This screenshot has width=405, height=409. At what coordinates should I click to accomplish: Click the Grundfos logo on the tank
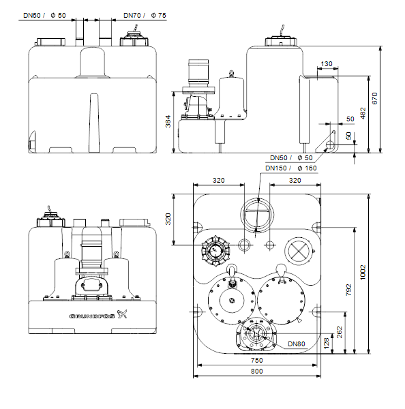tap(98, 315)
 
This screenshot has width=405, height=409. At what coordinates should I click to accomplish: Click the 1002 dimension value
tap(363, 273)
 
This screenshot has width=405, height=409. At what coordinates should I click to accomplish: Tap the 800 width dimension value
tap(257, 372)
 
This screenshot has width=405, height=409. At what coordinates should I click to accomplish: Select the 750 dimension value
tap(257, 360)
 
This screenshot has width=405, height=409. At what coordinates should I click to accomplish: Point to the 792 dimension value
tap(348, 290)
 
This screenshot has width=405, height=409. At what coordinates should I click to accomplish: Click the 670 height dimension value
tap(374, 98)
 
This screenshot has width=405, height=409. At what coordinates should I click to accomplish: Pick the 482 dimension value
tap(363, 113)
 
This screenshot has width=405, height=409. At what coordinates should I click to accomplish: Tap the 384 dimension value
tap(168, 121)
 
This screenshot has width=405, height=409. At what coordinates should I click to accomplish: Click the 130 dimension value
tap(327, 64)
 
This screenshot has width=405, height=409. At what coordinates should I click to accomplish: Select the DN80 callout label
tap(297, 344)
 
